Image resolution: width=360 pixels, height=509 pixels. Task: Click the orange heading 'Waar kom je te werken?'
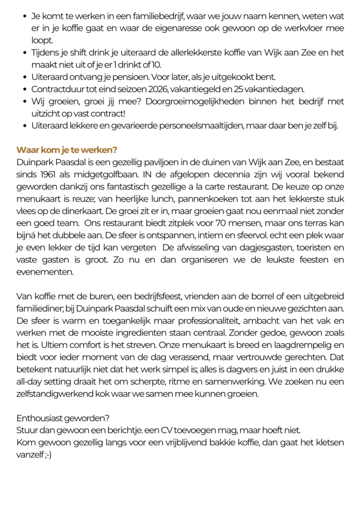click(x=67, y=150)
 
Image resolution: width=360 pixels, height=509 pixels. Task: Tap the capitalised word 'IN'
click(x=144, y=174)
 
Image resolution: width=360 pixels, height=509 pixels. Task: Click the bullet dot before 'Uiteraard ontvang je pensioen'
click(x=25, y=77)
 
